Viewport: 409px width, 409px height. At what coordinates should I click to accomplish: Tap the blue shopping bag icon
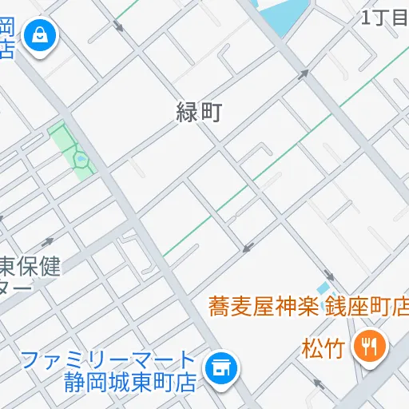coord(37,35)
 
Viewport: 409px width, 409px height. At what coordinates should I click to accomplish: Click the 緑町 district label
coord(198,113)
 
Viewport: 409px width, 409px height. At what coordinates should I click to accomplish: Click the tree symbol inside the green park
coord(81,160)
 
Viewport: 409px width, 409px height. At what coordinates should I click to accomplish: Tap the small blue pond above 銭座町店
coord(323,288)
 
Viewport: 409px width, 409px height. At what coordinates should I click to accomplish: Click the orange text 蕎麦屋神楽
coord(263,306)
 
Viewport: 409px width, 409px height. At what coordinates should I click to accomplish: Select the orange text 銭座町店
coord(365,306)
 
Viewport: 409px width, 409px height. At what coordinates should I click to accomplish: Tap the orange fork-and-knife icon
coord(370,345)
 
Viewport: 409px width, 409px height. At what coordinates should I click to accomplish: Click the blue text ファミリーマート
coord(109,359)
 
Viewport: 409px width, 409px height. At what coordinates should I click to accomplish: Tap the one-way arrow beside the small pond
coord(330,274)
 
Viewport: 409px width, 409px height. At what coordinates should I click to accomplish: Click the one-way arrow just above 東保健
coord(47,242)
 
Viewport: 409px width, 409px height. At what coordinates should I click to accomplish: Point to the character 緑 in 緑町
coord(187,113)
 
